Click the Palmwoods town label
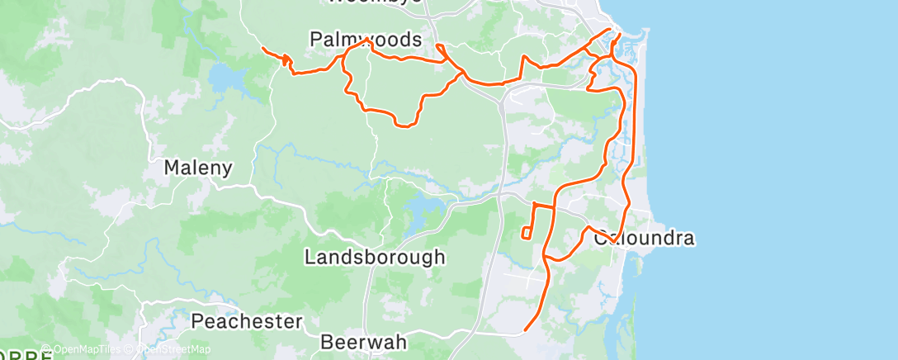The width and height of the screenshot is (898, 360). (366, 40)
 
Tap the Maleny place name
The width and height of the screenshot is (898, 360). (197, 168)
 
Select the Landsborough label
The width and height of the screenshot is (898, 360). (375, 257)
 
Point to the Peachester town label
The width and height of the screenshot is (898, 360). (248, 321)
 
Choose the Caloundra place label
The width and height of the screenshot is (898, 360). (644, 239)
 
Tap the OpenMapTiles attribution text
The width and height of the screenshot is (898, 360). (83, 349)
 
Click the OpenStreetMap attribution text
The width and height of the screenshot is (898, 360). (168, 349)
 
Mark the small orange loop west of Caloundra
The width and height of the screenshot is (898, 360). (526, 233)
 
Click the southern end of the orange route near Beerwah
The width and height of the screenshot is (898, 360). (525, 331)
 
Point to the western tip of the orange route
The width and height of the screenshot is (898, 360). (262, 50)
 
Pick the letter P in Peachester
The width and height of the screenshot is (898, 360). (198, 321)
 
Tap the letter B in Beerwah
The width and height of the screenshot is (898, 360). (327, 340)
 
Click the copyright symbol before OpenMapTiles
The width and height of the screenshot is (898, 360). (46, 349)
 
